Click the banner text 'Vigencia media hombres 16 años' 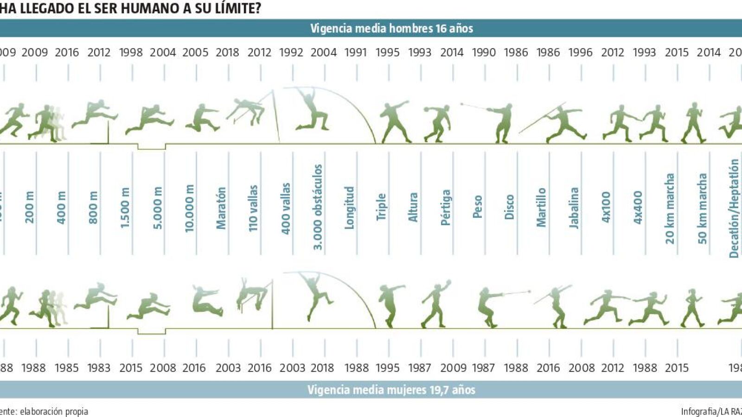tap(391, 28)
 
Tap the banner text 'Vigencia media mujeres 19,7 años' tap(391, 390)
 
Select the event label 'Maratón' tap(221, 208)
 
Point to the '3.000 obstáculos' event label tap(318, 207)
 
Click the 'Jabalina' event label tap(574, 208)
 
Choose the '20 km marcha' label tap(670, 208)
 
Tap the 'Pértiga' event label tap(446, 208)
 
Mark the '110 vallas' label tap(253, 208)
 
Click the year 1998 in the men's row tap(131, 52)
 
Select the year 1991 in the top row tap(356, 52)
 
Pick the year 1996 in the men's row tap(580, 52)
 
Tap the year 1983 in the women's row tap(99, 368)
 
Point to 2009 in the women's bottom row tap(453, 368)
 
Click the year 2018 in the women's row tap(322, 368)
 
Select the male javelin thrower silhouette tap(563, 123)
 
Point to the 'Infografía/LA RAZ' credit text tap(711, 411)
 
